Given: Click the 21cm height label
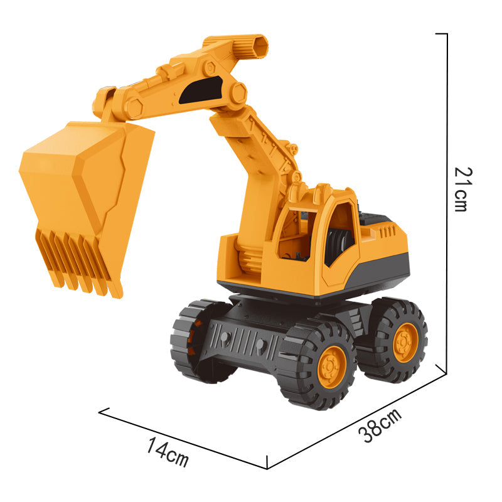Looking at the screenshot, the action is coord(463,190).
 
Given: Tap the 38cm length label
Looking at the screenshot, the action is coord(380,425).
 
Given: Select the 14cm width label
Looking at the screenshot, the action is coord(168,452).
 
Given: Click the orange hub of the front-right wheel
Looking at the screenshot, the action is coord(332,367).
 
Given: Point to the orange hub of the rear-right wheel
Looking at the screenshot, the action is coord(405,343).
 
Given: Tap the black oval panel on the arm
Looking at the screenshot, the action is coord(201,90).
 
